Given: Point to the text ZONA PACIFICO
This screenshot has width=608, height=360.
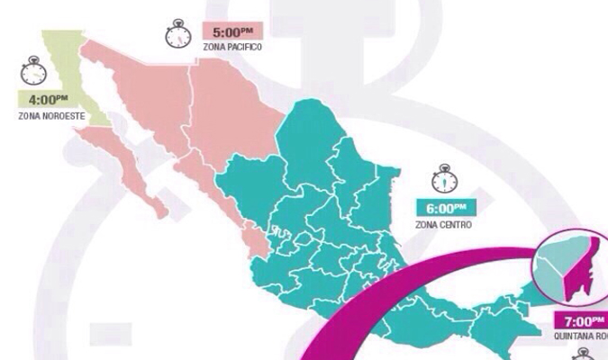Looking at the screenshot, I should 233,48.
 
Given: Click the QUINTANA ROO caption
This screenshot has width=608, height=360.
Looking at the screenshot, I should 582,337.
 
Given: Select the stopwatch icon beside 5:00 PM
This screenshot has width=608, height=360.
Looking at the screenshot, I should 177,33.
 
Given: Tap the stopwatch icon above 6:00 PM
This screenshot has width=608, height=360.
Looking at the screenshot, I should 442,176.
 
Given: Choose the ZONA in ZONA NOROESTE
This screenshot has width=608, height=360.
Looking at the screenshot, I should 28,117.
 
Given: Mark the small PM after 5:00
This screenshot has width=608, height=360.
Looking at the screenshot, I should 256,28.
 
